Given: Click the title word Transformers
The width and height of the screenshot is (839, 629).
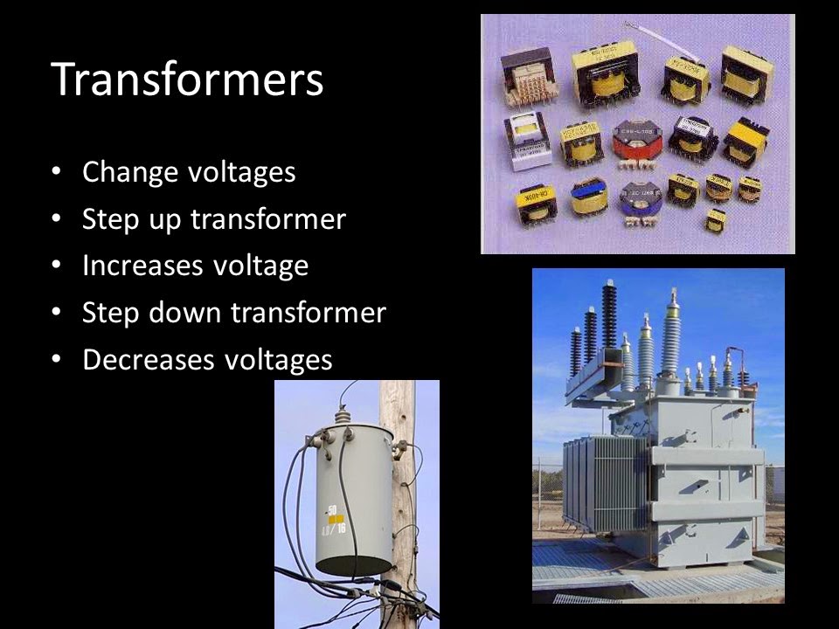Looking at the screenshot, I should tap(188, 79).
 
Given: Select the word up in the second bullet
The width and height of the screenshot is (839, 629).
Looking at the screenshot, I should tap(166, 219).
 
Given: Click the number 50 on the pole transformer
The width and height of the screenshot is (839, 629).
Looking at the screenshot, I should tap(333, 508).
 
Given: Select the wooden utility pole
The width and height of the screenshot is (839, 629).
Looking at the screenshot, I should tap(399, 489).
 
